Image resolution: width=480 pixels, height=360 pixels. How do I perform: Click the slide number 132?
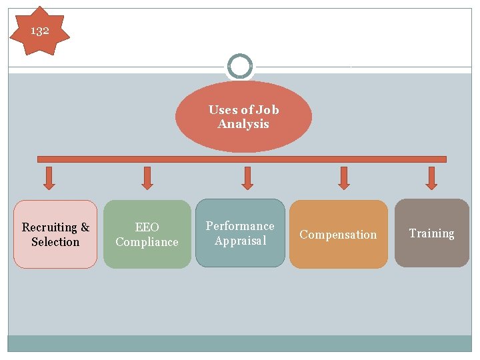pyautogui.click(x=40, y=30)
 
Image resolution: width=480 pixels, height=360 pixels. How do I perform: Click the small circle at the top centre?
pyautogui.click(x=240, y=66)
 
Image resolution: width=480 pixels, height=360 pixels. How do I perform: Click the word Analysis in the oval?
pyautogui.click(x=243, y=124)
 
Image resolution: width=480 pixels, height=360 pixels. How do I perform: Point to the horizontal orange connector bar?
pyautogui.click(x=242, y=159)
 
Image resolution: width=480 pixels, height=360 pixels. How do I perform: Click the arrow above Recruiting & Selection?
pyautogui.click(x=49, y=177)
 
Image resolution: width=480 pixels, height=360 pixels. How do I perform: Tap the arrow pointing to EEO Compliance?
pyautogui.click(x=147, y=177)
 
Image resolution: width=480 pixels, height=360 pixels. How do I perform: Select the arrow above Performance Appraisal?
pyautogui.click(x=247, y=177)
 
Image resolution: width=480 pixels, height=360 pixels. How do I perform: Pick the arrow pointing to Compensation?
pyautogui.click(x=344, y=177)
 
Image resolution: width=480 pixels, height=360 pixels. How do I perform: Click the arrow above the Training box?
pyautogui.click(x=431, y=177)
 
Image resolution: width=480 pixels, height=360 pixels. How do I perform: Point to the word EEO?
pyautogui.click(x=147, y=227)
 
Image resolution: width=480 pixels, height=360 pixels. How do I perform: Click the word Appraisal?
pyautogui.click(x=240, y=241)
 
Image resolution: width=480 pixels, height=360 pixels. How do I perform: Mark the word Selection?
pyautogui.click(x=55, y=242)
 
